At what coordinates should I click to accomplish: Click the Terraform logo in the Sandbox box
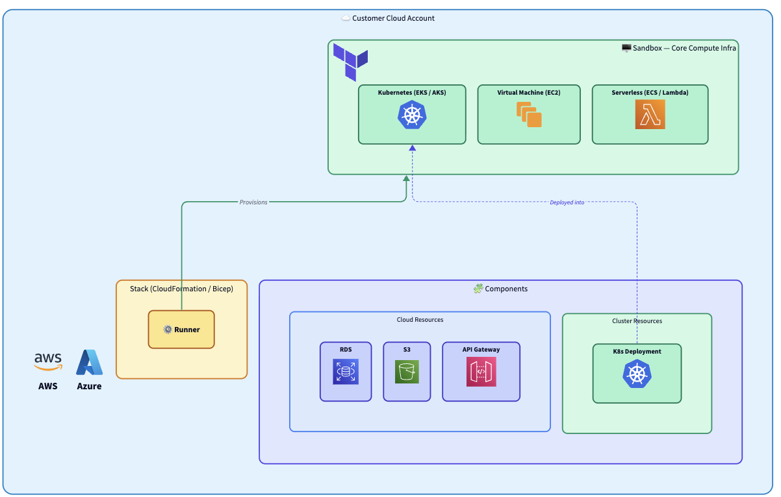tap(350, 62)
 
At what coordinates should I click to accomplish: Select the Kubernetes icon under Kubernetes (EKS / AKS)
tap(412, 115)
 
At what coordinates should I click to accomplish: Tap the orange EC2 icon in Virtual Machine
tap(529, 115)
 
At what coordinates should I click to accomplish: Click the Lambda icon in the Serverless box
tap(650, 115)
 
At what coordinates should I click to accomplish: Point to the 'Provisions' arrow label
tap(253, 202)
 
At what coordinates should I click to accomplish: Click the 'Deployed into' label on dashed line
tap(567, 202)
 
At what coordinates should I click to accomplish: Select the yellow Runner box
tap(181, 330)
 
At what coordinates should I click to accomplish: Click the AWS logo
tap(47, 361)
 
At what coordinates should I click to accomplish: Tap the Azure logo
tap(89, 363)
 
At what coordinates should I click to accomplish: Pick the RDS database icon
tap(346, 372)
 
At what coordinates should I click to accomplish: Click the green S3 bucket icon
tap(407, 372)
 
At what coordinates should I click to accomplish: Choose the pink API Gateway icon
tap(481, 372)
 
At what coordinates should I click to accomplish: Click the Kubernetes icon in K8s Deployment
tap(637, 374)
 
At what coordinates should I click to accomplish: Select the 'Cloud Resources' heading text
tap(420, 320)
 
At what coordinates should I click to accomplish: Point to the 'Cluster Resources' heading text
tap(637, 321)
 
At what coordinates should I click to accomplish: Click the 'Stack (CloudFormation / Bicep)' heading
tap(181, 289)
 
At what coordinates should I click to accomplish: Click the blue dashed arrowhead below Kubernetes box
tap(412, 148)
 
